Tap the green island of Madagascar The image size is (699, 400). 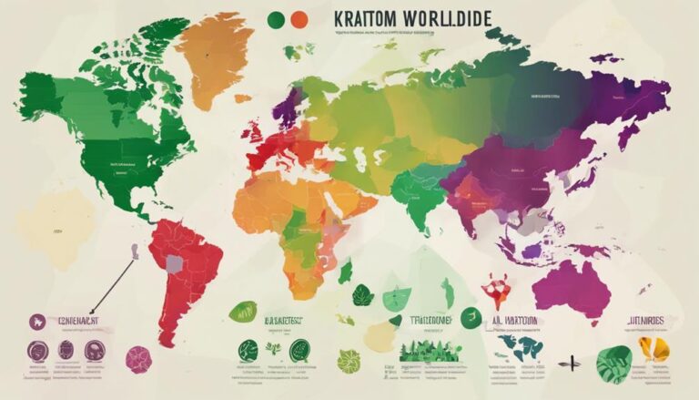[346, 270]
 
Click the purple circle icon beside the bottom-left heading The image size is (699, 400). [37, 321]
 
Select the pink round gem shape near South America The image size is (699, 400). [138, 358]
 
